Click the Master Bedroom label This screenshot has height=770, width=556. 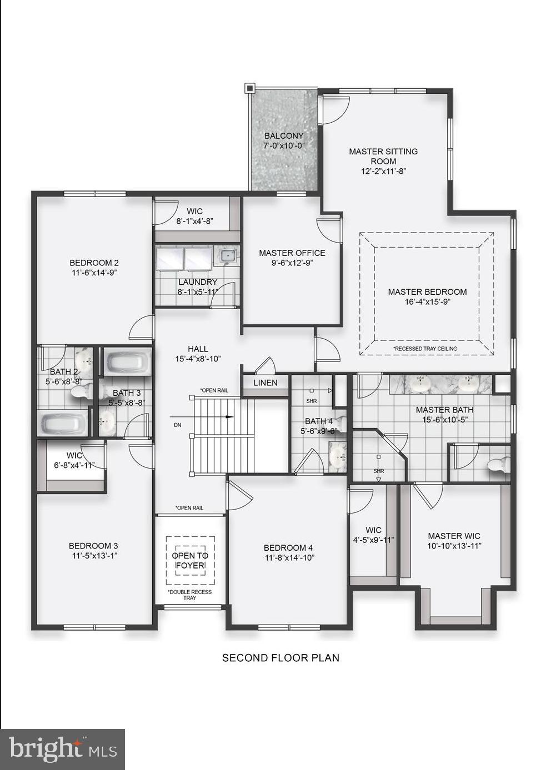(x=427, y=292)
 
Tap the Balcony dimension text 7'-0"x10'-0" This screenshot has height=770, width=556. (x=284, y=145)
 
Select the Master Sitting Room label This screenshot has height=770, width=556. (x=383, y=156)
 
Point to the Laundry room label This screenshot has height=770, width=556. (x=197, y=282)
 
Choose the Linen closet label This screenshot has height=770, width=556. (x=265, y=383)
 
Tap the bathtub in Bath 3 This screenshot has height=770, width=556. (x=128, y=363)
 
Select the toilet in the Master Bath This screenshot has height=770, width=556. (x=498, y=465)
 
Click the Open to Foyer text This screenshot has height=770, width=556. (x=190, y=560)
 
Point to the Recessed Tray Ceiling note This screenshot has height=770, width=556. (x=425, y=349)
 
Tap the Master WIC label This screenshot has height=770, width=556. (x=454, y=536)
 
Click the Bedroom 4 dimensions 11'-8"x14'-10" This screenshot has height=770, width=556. (x=289, y=557)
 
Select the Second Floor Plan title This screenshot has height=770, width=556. (x=280, y=658)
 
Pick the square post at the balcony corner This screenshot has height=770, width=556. (x=249, y=88)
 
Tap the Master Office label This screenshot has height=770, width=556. (x=292, y=253)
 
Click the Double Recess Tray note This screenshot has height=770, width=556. (x=190, y=595)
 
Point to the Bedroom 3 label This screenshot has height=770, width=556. (x=93, y=546)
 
